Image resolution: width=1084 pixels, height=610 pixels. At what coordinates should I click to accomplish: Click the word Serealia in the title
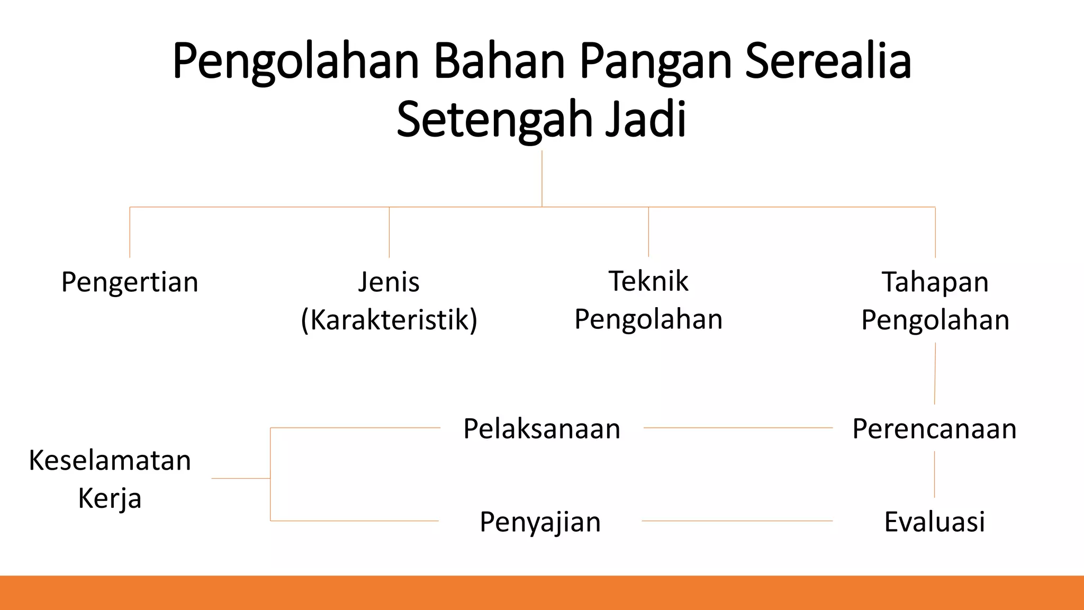tap(828, 61)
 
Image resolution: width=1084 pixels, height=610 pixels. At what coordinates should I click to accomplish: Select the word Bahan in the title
tap(499, 61)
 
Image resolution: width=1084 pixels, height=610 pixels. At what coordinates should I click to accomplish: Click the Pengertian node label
tap(130, 282)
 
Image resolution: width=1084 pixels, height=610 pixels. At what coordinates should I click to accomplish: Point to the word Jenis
tap(389, 282)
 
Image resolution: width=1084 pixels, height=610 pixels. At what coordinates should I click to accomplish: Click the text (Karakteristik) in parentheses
tap(389, 320)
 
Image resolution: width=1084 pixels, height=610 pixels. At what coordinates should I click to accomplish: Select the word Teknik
tap(648, 281)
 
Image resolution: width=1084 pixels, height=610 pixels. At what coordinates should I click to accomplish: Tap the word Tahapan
tap(935, 282)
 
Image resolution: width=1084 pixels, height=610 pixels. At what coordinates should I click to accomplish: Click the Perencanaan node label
tap(934, 428)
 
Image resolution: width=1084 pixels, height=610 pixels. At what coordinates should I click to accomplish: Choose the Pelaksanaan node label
tap(541, 428)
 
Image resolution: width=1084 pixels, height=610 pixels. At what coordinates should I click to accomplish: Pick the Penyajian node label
tap(540, 522)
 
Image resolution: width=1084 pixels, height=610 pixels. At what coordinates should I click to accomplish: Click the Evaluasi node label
tap(934, 522)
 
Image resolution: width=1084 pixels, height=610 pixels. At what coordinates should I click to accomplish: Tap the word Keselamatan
tap(110, 460)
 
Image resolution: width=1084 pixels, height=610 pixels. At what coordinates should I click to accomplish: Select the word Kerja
tap(110, 498)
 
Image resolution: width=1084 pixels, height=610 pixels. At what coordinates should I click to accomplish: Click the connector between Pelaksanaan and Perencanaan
tap(738, 428)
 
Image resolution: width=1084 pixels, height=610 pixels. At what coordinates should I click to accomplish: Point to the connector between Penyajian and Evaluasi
tap(737, 521)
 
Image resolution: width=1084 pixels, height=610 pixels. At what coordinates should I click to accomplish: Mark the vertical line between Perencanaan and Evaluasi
tap(934, 474)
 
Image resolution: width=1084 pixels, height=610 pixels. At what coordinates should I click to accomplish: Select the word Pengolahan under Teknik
tap(648, 319)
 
